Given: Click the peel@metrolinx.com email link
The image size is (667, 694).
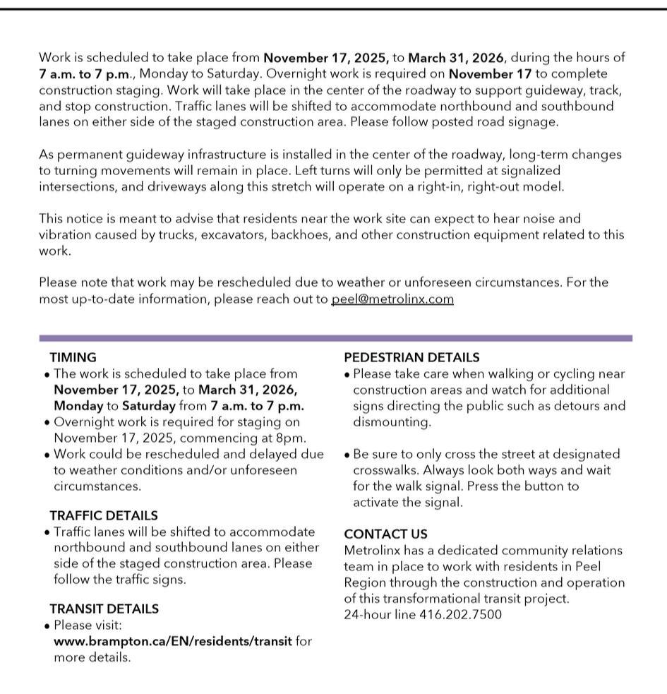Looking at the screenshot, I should [x=392, y=299].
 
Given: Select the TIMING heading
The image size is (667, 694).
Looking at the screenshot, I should [x=73, y=358].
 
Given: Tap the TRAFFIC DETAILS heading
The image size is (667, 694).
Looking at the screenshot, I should [x=104, y=516].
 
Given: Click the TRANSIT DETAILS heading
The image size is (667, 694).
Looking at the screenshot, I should [x=104, y=609].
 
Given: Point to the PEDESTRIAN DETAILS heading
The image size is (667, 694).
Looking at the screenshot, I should [x=411, y=358].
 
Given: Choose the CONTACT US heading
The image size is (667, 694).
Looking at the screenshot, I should [x=385, y=534].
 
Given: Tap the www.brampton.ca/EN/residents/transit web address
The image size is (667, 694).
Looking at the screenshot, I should [x=172, y=641].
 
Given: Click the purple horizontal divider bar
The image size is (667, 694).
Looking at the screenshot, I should [x=335, y=338].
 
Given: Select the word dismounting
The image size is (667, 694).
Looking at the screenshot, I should [x=392, y=422].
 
